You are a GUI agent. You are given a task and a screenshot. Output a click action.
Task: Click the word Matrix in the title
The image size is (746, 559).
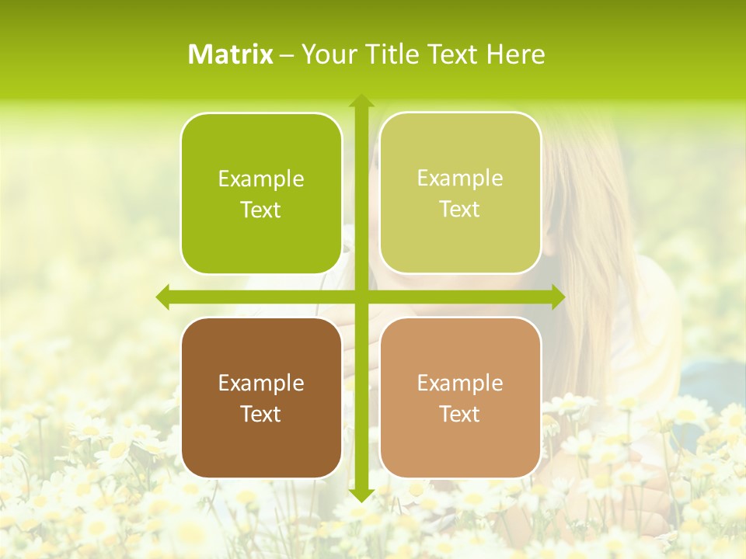[231, 54]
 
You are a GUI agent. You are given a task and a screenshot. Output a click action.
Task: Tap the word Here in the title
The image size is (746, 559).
[515, 54]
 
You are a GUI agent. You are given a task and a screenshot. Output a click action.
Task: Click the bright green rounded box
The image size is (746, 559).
[261, 193]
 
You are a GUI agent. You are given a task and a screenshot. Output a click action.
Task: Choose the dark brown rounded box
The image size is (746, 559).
[261, 398]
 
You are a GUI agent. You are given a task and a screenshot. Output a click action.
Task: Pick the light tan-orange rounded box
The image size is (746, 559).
[460, 398]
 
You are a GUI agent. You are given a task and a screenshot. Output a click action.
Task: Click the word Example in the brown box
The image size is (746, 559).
[261, 383]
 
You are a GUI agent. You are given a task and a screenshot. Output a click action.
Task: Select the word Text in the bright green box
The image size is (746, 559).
[261, 210]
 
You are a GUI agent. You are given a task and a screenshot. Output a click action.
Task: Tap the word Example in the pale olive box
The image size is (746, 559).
[460, 178]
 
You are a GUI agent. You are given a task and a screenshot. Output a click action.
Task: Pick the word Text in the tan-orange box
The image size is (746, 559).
[460, 414]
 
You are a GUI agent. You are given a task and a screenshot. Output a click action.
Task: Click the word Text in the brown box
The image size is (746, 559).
[261, 414]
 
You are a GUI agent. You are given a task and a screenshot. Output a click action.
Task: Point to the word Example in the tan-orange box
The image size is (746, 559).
[460, 383]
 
